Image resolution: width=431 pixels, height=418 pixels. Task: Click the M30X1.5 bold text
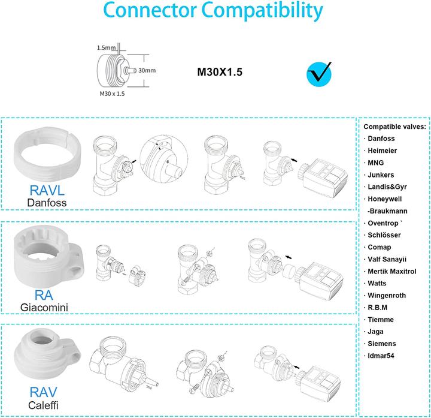point(220,74)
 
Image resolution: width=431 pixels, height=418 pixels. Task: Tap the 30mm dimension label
point(146,70)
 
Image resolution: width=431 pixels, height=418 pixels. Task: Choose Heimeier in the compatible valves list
point(381,151)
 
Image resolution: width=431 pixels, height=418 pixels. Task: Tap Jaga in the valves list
point(376,332)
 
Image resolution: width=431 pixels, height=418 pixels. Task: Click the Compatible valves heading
point(394,127)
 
